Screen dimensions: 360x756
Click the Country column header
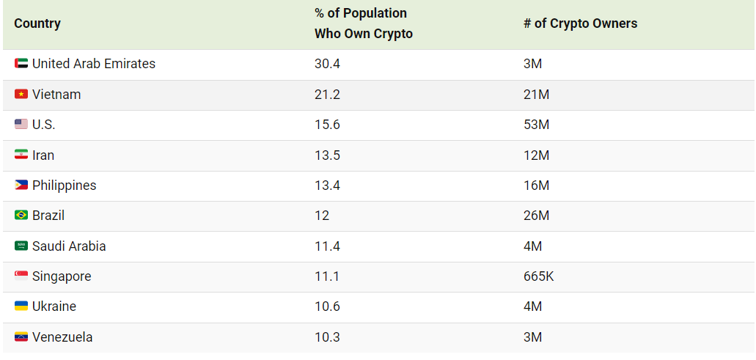(x=37, y=23)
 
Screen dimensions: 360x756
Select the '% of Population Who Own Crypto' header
(x=364, y=23)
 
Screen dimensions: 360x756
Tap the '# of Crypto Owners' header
(x=580, y=23)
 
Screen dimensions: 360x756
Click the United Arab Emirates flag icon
(x=21, y=64)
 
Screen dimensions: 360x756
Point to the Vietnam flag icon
(x=21, y=95)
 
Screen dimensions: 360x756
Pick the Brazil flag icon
(x=21, y=216)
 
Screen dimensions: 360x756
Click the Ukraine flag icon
(x=21, y=306)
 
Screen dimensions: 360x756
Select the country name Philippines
(x=64, y=185)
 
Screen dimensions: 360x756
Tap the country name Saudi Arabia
(x=69, y=246)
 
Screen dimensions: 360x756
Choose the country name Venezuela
(x=62, y=337)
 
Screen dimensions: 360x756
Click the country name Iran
(x=43, y=155)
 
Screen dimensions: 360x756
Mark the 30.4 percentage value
(x=327, y=64)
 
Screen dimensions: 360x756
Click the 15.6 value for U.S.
(x=327, y=125)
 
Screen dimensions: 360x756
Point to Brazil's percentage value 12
(x=322, y=216)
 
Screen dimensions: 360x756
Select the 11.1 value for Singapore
(x=327, y=276)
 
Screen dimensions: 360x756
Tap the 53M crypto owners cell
(x=536, y=125)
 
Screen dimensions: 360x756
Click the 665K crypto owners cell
(x=538, y=276)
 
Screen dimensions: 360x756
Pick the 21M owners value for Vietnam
(x=536, y=95)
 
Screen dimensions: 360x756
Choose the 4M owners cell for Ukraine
(x=532, y=306)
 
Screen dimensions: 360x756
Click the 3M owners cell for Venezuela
(x=532, y=337)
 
